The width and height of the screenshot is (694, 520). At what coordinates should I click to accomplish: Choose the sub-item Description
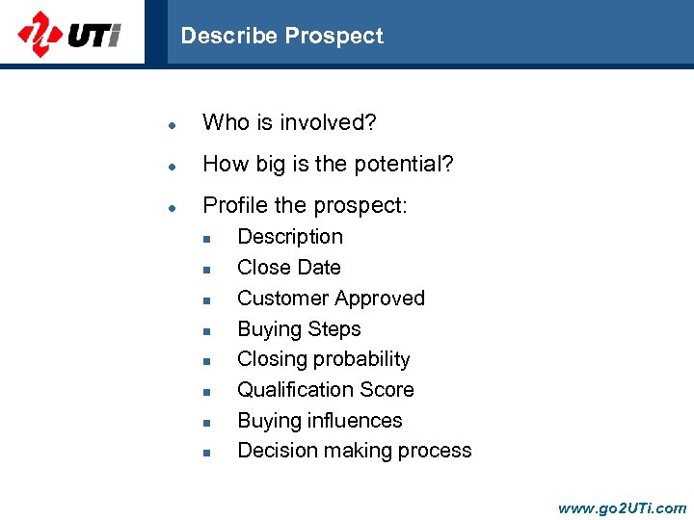click(x=290, y=237)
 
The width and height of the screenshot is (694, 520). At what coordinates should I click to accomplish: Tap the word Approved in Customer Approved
click(x=378, y=299)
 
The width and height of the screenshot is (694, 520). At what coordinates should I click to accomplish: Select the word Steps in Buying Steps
click(x=334, y=329)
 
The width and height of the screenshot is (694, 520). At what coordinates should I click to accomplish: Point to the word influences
click(x=355, y=421)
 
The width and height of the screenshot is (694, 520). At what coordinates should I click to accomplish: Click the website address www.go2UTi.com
click(x=622, y=507)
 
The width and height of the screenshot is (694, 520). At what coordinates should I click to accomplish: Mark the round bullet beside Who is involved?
click(x=170, y=124)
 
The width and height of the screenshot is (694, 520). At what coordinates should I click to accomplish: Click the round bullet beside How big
click(x=170, y=166)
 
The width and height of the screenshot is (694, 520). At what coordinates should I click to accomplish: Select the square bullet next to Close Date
click(x=205, y=270)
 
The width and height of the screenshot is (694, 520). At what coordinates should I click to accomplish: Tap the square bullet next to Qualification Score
click(x=205, y=392)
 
